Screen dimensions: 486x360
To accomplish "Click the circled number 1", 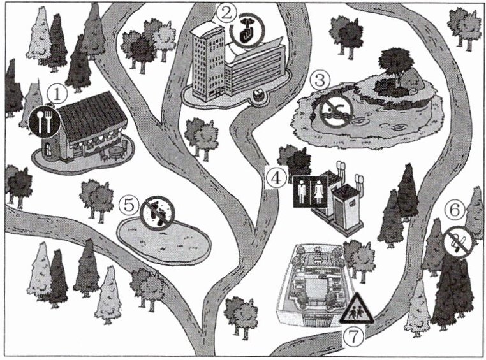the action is click(x=57, y=94).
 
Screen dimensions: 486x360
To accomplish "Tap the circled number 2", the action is click(x=226, y=13).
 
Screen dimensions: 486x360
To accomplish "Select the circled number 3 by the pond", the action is click(x=320, y=80).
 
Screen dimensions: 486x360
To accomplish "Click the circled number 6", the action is click(x=455, y=210).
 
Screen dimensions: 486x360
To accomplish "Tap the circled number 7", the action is click(x=353, y=336).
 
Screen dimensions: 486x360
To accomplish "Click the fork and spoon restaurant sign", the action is click(x=44, y=121).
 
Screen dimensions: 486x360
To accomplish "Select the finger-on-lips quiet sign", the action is click(x=247, y=31).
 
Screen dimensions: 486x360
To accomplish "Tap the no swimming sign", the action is click(x=336, y=111).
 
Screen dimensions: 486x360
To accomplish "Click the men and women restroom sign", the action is click(x=311, y=191).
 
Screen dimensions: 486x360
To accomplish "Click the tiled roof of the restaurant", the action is click(x=93, y=116).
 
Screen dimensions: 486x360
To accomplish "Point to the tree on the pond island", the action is click(x=396, y=66).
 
